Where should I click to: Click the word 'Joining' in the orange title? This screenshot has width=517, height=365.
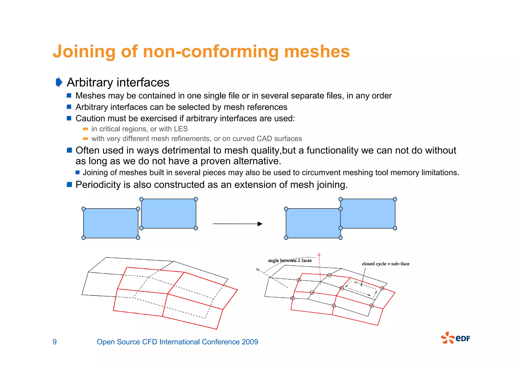point(84,52)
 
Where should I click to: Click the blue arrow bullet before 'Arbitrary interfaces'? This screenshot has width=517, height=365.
point(59,82)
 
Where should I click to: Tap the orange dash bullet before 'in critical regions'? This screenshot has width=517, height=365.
point(85,129)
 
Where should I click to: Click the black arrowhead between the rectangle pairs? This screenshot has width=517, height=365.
point(260,224)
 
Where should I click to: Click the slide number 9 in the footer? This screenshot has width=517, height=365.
point(55,342)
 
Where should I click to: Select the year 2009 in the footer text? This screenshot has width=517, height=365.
point(250,342)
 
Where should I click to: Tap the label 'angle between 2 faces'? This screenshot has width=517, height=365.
point(290,260)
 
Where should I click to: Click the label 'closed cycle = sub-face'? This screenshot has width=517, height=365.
point(385,264)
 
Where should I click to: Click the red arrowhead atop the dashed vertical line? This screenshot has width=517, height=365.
point(319,255)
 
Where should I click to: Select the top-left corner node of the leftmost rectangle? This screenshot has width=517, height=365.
point(84,209)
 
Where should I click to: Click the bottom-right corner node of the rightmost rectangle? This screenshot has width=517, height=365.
point(395,228)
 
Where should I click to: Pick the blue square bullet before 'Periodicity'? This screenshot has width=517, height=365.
point(69,185)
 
